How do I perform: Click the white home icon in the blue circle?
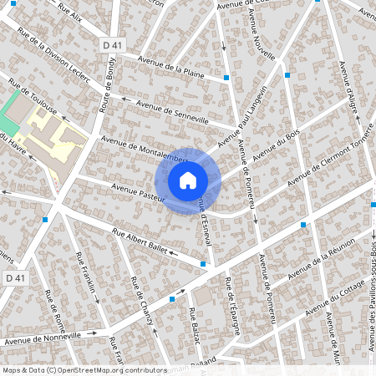pyautogui.click(x=188, y=180)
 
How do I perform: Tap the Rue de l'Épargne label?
pyautogui.click(x=232, y=310)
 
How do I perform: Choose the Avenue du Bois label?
pyautogui.click(x=270, y=152)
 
